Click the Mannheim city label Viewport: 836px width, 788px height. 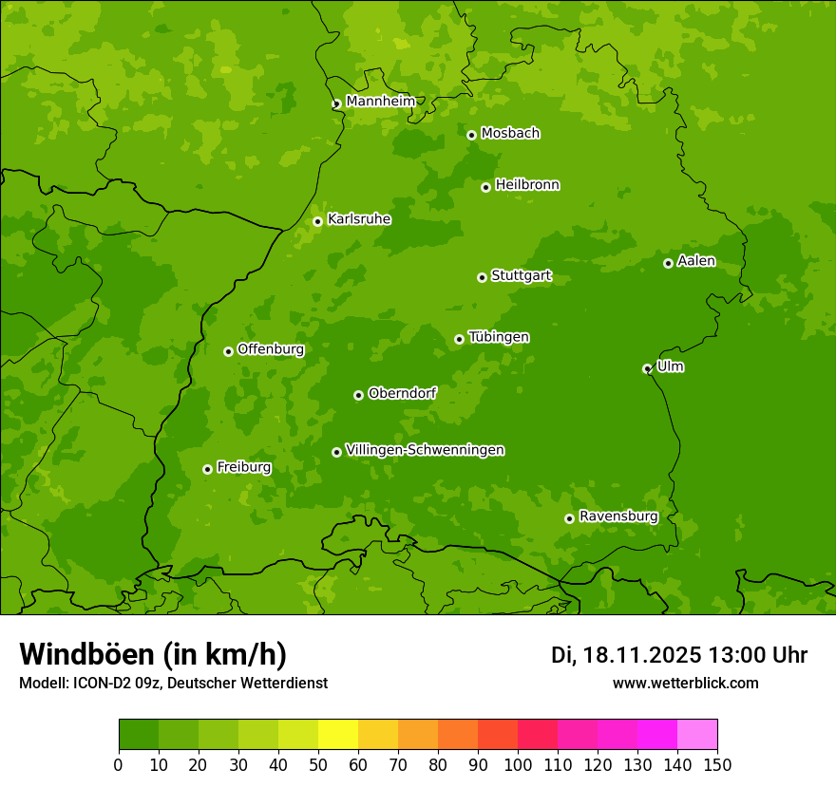pyautogui.click(x=380, y=102)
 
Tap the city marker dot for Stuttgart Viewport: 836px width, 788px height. pyautogui.click(x=483, y=277)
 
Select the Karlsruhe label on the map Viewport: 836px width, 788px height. pyautogui.click(x=359, y=219)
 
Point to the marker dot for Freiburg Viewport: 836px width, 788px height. pyautogui.click(x=207, y=469)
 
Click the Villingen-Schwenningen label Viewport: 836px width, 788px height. pyautogui.click(x=425, y=450)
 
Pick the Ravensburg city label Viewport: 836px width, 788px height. pyautogui.click(x=618, y=516)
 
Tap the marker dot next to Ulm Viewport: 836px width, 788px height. pyautogui.click(x=647, y=368)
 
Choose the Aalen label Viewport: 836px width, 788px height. pyautogui.click(x=696, y=261)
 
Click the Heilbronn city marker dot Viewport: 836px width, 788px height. pyautogui.click(x=486, y=187)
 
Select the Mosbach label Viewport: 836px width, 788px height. pyautogui.click(x=510, y=134)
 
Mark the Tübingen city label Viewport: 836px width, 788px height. pyautogui.click(x=499, y=337)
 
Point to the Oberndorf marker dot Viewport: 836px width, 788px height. pyautogui.click(x=358, y=395)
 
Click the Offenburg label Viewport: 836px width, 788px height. pyautogui.click(x=271, y=349)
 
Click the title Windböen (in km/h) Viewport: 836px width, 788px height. pyautogui.click(x=153, y=654)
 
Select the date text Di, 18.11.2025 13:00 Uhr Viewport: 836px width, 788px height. pyautogui.click(x=679, y=655)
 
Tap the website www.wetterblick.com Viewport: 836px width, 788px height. pyautogui.click(x=685, y=683)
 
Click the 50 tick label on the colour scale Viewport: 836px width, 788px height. pyautogui.click(x=317, y=765)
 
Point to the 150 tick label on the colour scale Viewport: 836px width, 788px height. pyautogui.click(x=717, y=765)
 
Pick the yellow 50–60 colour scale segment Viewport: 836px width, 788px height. pyautogui.click(x=337, y=735)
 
